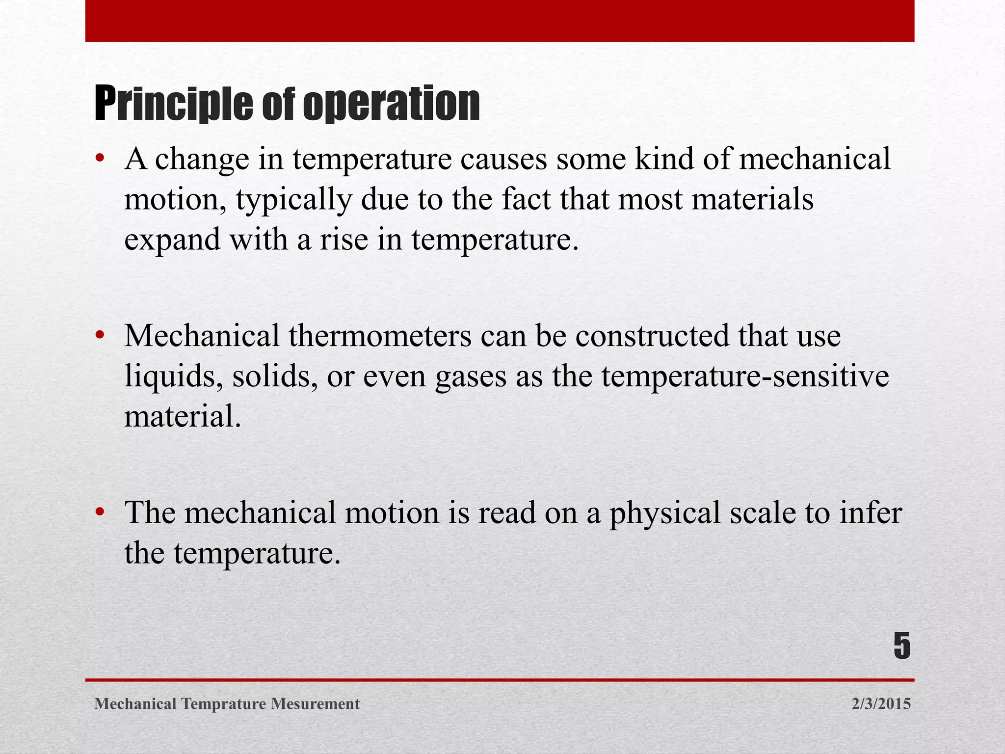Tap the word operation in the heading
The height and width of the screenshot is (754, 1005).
coord(391,104)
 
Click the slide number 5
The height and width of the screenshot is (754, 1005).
coord(901,646)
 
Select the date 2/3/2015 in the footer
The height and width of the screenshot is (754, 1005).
coord(881,704)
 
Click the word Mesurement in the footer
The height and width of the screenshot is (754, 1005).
coord(316,704)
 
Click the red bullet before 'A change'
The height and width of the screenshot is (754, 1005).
coord(100,159)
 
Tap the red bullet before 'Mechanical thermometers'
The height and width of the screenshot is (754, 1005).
coord(100,336)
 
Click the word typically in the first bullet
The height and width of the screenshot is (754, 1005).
coord(293,200)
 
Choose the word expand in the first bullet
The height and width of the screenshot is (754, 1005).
coord(172,241)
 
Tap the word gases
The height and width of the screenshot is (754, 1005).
coord(471,377)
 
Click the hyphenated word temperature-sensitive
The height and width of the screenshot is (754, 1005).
coord(745,377)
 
